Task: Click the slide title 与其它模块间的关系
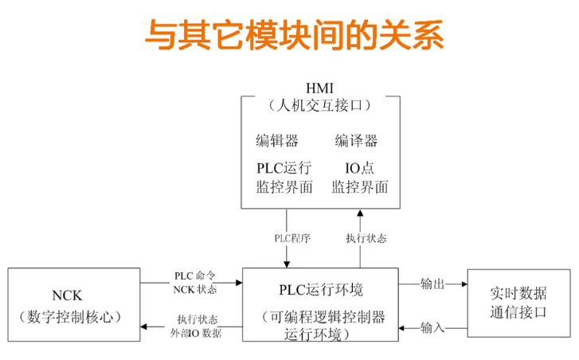(x=294, y=36)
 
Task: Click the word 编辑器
(x=276, y=141)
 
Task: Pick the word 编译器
(x=356, y=141)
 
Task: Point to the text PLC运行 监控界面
(x=284, y=178)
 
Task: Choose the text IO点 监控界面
(x=359, y=178)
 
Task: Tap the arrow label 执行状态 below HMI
(x=363, y=238)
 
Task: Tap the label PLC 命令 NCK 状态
(x=194, y=283)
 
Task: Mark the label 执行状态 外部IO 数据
(x=194, y=326)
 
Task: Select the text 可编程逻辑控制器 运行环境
(x=323, y=325)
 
